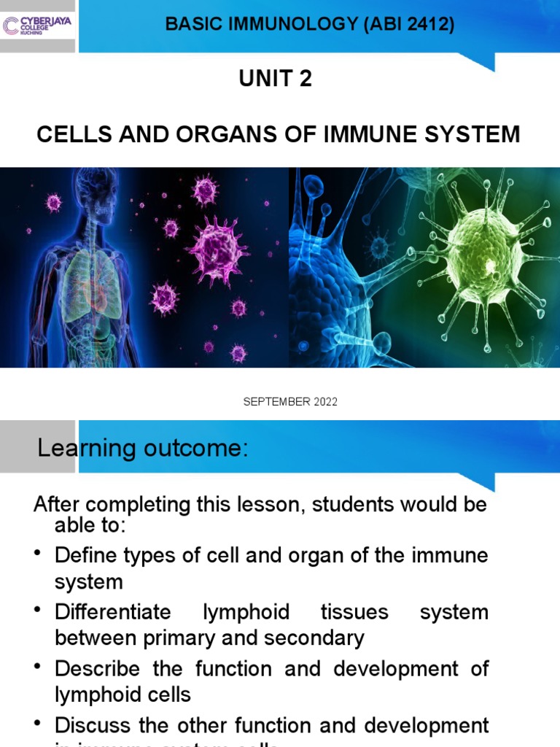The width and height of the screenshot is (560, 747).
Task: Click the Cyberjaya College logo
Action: (37, 26)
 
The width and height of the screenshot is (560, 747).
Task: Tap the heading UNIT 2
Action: (276, 79)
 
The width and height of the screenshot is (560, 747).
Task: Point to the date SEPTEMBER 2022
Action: (290, 402)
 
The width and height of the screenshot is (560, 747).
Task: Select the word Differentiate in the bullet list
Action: (113, 611)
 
